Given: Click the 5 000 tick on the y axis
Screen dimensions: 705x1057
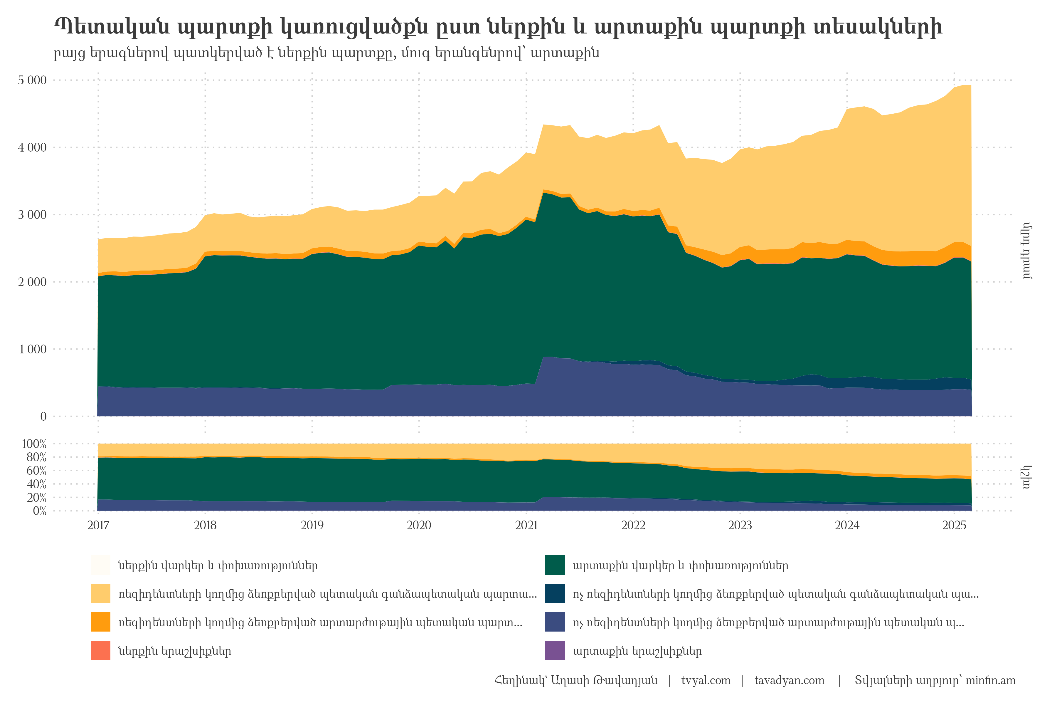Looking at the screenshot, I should (32, 80).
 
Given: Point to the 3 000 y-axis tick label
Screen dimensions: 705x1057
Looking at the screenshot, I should (32, 215).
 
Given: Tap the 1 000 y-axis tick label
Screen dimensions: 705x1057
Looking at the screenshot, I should (32, 349).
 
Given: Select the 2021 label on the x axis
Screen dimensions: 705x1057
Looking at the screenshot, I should (526, 525).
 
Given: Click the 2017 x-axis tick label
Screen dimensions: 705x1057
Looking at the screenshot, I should (98, 525).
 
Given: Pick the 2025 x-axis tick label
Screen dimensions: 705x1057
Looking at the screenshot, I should (954, 525).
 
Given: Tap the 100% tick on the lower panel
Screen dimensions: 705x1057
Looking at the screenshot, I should (34, 444).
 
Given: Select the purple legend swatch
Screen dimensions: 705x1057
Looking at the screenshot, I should (555, 651).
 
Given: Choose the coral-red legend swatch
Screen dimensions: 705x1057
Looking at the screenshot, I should (101, 651).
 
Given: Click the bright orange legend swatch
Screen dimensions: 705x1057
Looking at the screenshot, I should (101, 622).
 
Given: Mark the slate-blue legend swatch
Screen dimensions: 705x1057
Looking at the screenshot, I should (555, 622).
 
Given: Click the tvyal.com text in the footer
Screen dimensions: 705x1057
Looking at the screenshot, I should (706, 680).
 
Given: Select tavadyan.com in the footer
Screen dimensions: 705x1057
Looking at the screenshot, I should (789, 680).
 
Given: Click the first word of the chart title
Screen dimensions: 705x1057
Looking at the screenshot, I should (112, 28).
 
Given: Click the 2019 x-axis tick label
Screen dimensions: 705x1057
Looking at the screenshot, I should (312, 525).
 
